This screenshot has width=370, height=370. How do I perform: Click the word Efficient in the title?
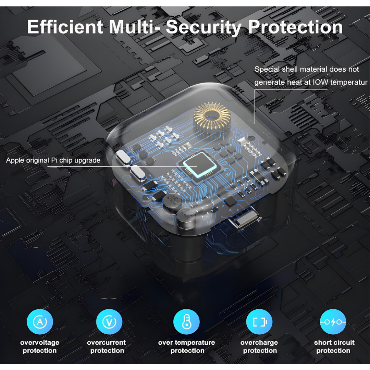(65, 27)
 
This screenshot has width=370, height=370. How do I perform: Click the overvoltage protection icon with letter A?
(40, 322)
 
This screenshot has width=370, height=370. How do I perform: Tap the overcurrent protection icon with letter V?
(109, 322)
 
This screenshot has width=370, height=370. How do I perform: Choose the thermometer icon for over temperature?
(186, 322)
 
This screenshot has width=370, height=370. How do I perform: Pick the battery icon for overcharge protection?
(259, 322)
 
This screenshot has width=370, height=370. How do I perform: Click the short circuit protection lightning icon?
(333, 322)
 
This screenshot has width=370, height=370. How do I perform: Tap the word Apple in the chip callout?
(15, 161)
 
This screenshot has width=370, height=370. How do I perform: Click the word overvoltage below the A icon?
(40, 343)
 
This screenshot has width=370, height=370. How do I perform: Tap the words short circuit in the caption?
(334, 342)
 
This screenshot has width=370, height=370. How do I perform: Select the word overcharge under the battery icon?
(259, 343)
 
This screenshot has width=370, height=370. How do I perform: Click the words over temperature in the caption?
(186, 343)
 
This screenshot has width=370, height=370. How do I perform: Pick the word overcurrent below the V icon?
(107, 343)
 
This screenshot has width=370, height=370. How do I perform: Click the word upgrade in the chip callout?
(87, 161)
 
